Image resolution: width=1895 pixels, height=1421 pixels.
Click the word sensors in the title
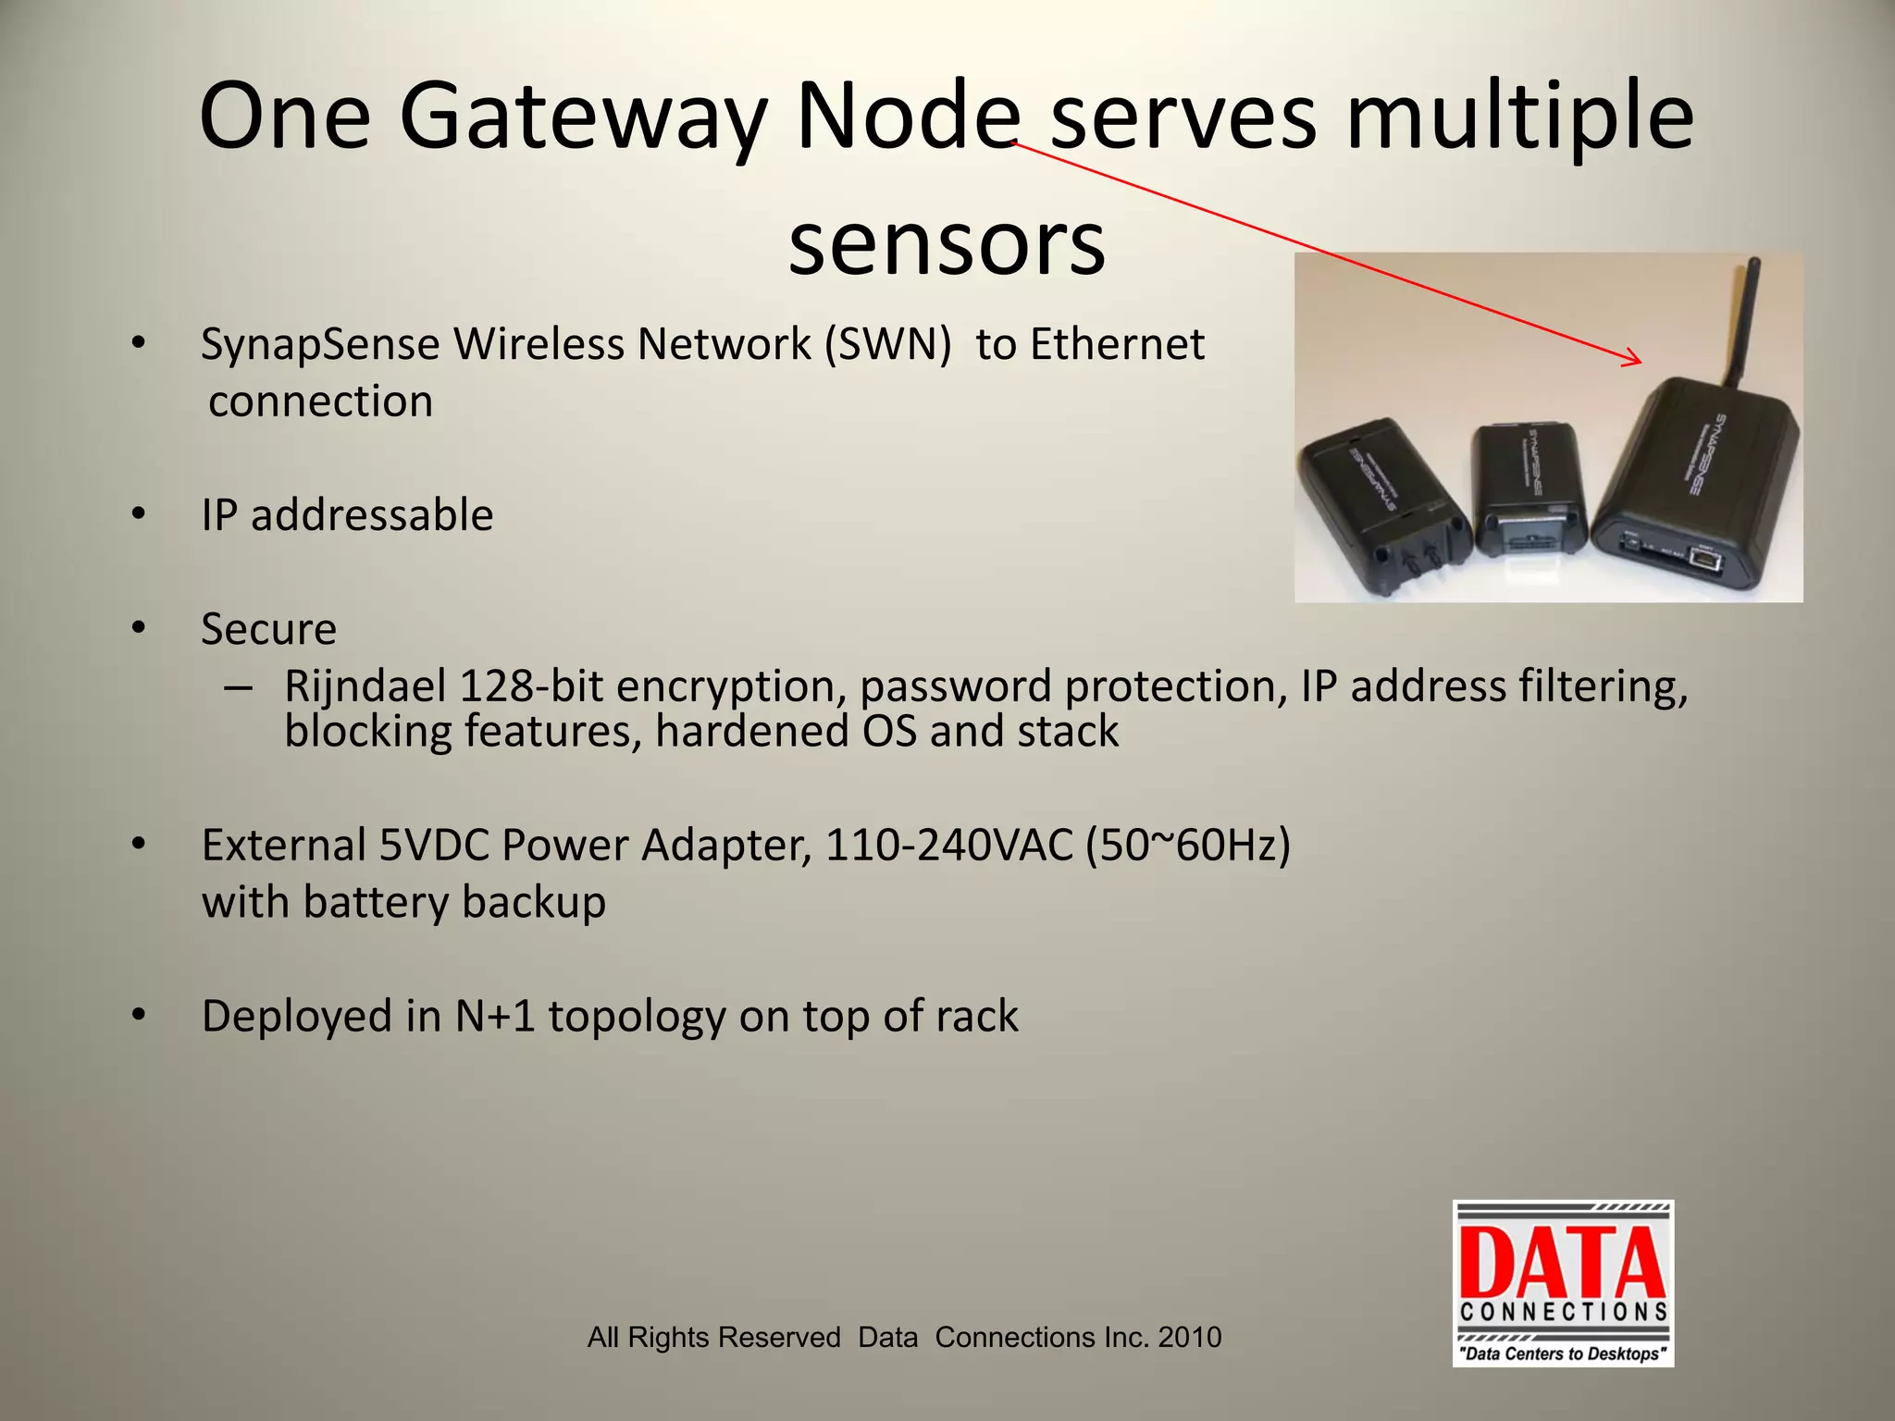click(947, 242)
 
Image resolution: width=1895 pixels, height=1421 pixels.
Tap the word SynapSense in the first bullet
click(320, 344)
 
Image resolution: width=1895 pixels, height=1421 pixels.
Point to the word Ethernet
click(1117, 344)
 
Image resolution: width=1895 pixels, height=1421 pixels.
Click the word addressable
click(372, 515)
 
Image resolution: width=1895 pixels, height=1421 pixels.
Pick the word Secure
click(268, 629)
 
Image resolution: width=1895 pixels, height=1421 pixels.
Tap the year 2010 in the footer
click(1190, 1337)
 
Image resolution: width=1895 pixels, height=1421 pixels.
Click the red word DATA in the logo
click(1563, 1263)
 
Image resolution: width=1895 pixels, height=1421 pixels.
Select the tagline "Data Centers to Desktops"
click(1563, 1353)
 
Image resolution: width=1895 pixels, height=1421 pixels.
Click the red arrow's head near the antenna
click(1635, 360)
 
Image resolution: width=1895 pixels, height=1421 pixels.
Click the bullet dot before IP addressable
click(139, 514)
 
